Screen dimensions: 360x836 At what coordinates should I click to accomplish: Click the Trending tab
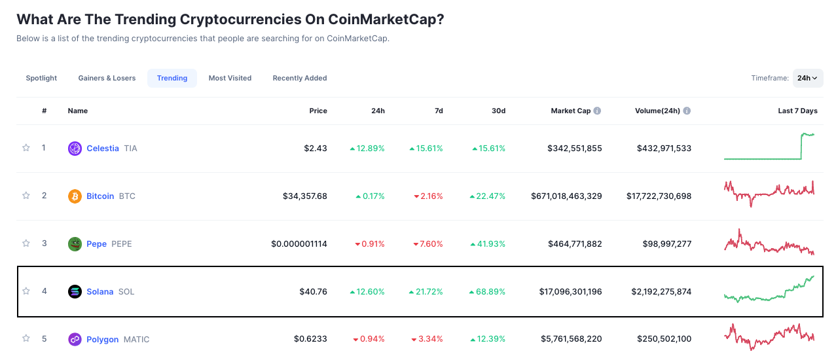(172, 78)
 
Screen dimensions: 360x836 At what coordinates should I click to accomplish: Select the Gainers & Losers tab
(107, 78)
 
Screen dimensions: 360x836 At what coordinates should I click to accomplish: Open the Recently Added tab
(300, 78)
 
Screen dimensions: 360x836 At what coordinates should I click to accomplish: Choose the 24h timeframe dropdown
(808, 78)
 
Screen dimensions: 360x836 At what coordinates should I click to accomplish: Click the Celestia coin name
(103, 149)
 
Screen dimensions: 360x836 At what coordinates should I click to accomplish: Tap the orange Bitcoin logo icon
(75, 196)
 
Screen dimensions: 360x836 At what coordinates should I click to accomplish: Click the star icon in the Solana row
(26, 291)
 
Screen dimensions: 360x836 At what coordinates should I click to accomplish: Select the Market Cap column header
(570, 111)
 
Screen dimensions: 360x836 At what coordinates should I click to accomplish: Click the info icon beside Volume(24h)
(687, 111)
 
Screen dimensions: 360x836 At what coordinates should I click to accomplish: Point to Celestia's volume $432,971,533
(664, 149)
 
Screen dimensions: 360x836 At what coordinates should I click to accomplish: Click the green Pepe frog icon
(75, 244)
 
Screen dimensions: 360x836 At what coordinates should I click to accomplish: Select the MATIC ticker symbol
(136, 340)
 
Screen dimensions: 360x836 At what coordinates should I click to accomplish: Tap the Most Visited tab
(230, 78)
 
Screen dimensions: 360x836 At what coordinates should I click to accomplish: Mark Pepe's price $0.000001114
(299, 244)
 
